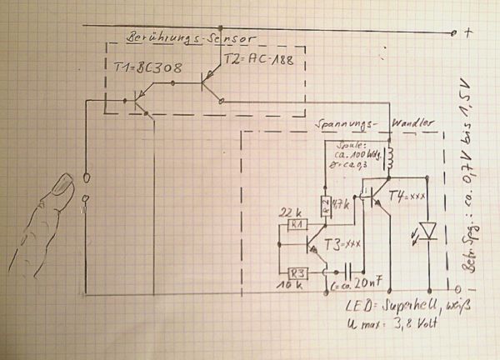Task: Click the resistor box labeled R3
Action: (x=295, y=273)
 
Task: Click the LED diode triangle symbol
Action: (x=427, y=227)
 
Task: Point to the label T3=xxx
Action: (x=345, y=242)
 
